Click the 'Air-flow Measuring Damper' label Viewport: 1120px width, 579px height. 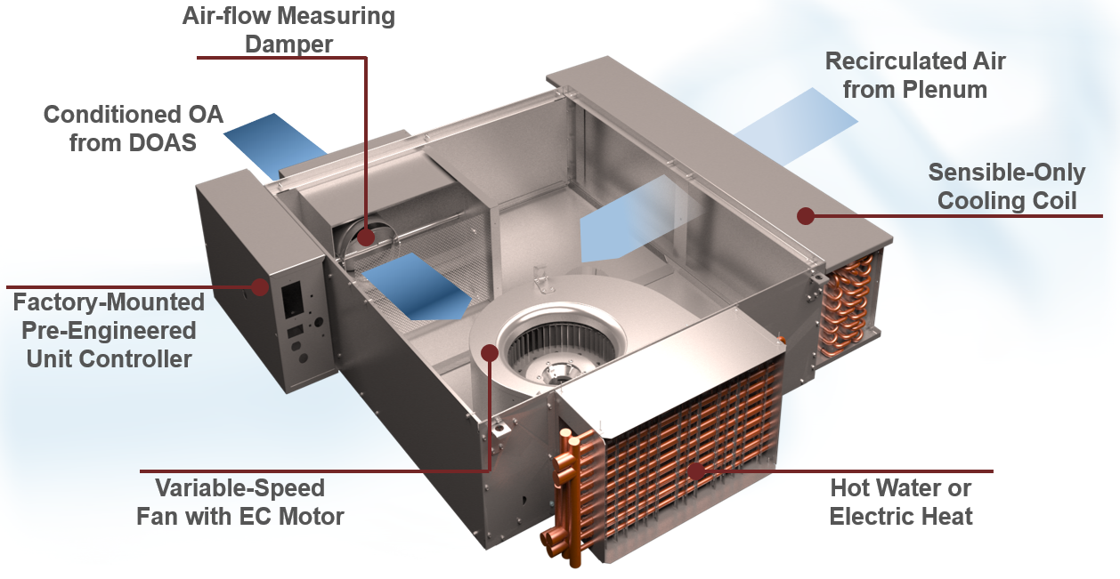click(288, 29)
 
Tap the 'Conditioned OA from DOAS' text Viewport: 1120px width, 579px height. click(134, 128)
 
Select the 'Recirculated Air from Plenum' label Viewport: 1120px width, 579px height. click(914, 76)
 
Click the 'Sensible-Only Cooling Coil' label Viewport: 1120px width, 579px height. click(1007, 187)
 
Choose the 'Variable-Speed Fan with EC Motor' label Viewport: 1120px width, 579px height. click(239, 502)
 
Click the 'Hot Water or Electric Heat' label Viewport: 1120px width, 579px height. click(900, 502)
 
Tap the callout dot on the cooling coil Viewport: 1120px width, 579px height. click(806, 215)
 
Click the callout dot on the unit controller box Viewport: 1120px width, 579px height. click(260, 286)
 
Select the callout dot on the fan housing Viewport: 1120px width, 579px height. click(489, 352)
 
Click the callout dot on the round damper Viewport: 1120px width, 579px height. click(366, 237)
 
